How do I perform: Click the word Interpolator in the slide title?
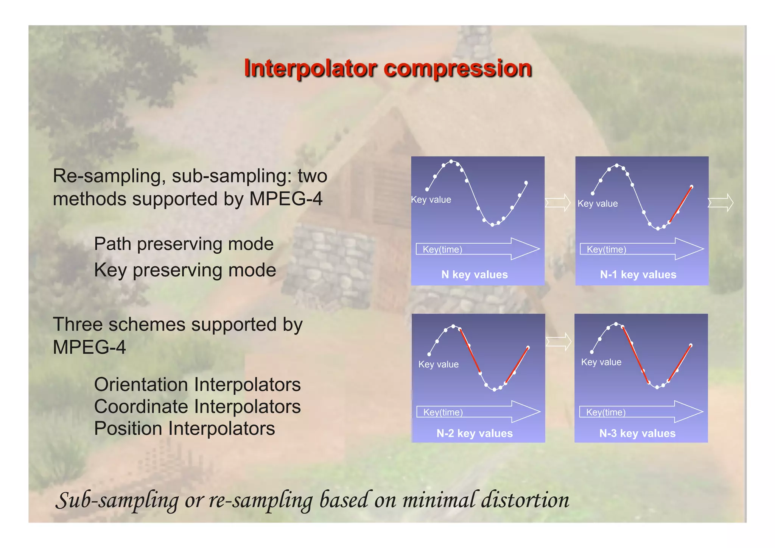click(310, 69)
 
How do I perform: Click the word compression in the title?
click(458, 69)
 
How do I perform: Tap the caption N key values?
click(475, 275)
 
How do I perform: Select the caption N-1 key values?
click(638, 275)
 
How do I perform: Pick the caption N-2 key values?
click(475, 433)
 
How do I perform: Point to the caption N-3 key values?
click(637, 433)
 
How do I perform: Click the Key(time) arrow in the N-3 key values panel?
click(641, 412)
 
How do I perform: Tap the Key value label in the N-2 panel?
click(438, 364)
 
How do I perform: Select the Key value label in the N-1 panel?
click(598, 204)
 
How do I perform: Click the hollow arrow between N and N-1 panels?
click(558, 203)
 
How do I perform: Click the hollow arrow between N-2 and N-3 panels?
click(559, 342)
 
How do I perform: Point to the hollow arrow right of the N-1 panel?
click(721, 203)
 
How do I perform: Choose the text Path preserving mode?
click(184, 244)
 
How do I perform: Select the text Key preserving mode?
click(185, 270)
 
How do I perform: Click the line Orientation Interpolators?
click(197, 385)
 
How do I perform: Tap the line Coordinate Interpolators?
click(197, 407)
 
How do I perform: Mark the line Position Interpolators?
click(184, 429)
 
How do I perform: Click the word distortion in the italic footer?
click(525, 500)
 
